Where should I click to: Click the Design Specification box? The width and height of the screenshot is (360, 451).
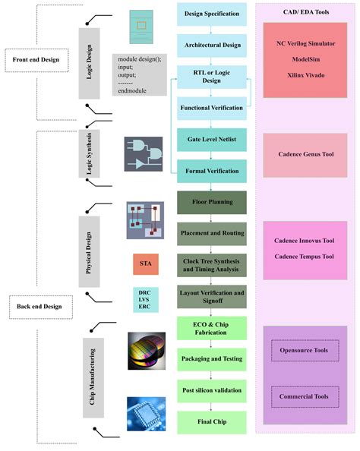click(212, 14)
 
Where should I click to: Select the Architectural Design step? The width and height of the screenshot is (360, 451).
click(212, 45)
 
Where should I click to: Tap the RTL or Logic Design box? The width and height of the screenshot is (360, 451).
click(212, 77)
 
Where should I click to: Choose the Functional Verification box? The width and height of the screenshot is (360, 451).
click(212, 108)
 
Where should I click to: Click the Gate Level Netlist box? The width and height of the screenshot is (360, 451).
click(212, 140)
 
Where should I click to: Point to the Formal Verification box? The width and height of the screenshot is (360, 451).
click(212, 171)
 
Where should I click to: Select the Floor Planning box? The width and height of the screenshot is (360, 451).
click(212, 203)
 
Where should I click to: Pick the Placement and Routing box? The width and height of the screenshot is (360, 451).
click(212, 234)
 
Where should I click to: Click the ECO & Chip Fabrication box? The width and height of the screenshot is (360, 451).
click(212, 328)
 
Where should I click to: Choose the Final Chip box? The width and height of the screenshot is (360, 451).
click(212, 421)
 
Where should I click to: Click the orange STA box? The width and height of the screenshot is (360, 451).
click(144, 264)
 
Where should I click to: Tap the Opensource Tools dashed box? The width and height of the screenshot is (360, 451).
click(304, 351)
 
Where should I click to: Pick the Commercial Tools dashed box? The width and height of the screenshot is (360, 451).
click(304, 396)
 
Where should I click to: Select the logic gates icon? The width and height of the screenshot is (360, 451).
click(144, 154)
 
